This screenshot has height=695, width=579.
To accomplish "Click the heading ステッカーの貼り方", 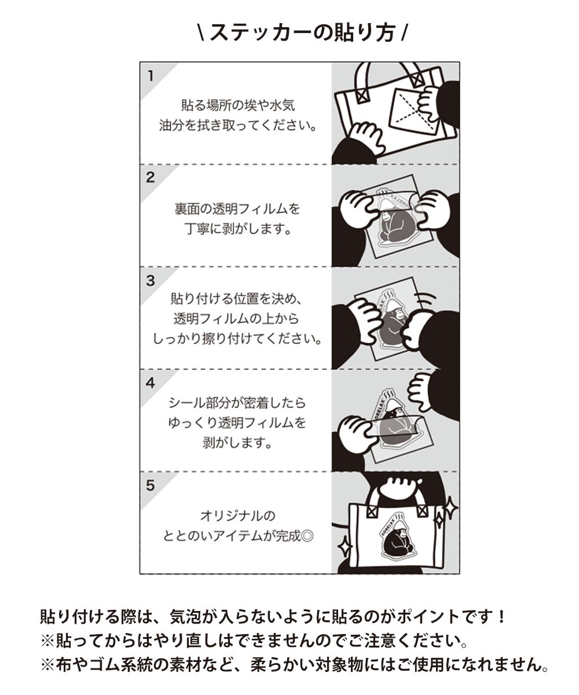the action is [x=302, y=33].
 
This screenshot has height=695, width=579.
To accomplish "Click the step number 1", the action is [x=151, y=76].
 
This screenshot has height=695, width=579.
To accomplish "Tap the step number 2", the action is [x=151, y=177].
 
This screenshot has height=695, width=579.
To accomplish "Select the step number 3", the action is [x=151, y=281].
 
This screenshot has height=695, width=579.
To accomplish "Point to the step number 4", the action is [x=151, y=382].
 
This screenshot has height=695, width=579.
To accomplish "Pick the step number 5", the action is [x=151, y=485].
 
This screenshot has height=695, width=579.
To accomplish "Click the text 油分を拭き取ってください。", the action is [x=238, y=126].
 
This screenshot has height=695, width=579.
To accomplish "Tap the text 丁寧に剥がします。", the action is [x=238, y=229].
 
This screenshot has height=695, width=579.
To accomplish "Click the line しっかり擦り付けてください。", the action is [x=238, y=339].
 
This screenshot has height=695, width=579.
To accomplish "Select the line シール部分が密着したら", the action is [x=238, y=402].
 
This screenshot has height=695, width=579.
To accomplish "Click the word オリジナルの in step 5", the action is [x=238, y=516].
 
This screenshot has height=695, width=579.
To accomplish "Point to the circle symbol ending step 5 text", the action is [x=307, y=537].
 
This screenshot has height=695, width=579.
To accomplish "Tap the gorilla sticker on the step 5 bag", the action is [x=397, y=537].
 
